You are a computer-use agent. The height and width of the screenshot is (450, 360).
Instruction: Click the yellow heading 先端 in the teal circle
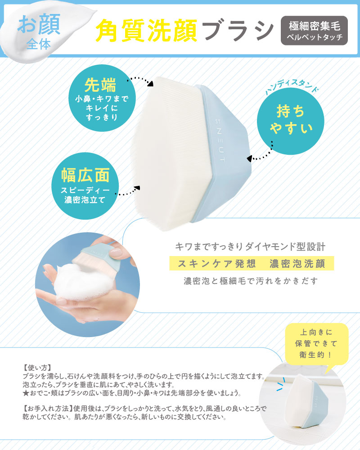[100, 85]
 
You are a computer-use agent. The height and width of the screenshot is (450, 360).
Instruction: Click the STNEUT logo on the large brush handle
[222, 135]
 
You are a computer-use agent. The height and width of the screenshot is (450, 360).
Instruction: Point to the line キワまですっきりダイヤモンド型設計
[250, 247]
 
